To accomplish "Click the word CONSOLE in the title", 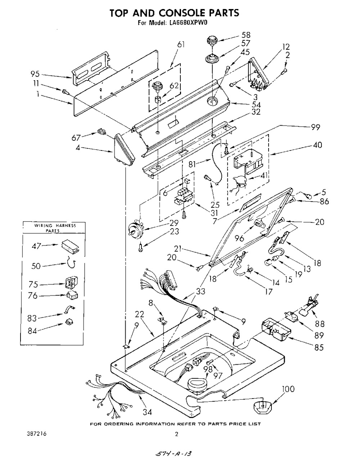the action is (182, 13).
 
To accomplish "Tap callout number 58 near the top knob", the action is (246, 35).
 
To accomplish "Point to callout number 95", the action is (35, 74).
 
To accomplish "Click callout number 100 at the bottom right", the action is (288, 389).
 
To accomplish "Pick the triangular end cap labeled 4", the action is (124, 151).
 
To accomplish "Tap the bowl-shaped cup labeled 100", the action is (262, 407).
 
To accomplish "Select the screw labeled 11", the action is (65, 92).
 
